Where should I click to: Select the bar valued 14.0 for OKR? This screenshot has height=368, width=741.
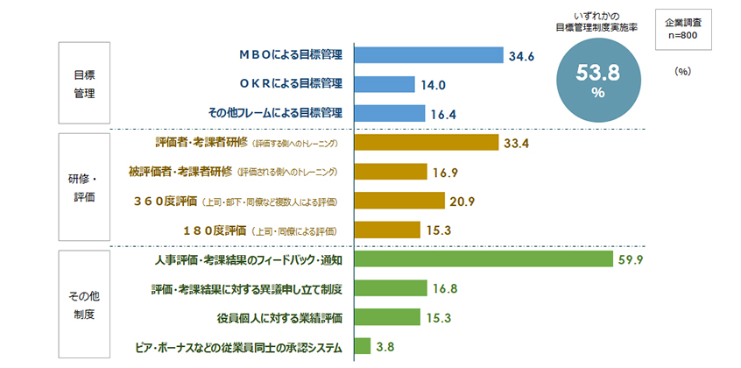pos(384,84)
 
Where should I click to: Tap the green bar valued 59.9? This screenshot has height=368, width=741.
pos(483,260)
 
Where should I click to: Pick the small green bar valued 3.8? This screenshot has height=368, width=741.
pos(362,346)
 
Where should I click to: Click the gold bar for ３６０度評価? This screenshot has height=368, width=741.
pos(399,202)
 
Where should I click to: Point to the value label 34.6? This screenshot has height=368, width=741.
pos(521,57)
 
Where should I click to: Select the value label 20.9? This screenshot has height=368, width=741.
pos(462,202)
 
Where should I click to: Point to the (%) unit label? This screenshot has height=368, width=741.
pos(683,73)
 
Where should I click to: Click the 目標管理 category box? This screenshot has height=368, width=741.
pos(85,83)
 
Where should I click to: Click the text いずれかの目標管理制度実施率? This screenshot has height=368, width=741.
pos(598,22)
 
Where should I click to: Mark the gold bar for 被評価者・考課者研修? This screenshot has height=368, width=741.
pos(389,172)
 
